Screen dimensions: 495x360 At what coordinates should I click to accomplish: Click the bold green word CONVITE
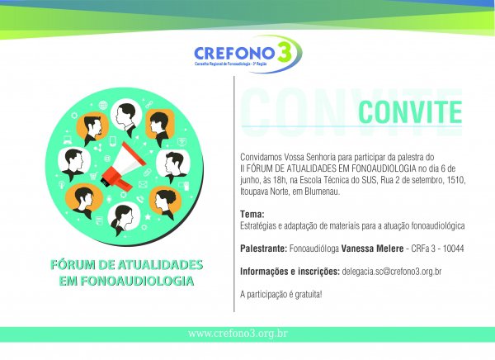410,112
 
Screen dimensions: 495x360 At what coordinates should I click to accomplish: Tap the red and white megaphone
123,167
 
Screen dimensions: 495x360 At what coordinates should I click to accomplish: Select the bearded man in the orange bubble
92,128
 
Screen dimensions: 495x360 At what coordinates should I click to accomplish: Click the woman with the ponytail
124,220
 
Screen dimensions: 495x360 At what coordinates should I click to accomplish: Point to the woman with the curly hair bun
165,201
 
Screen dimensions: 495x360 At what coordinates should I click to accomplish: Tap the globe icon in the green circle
103,105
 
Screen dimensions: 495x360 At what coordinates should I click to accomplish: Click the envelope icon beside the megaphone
143,184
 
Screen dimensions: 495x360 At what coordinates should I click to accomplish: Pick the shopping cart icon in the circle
93,175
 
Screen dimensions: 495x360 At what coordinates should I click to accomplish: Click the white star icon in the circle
148,216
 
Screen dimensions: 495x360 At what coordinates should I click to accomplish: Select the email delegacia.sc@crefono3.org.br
391,272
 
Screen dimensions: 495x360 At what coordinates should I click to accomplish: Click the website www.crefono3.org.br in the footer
238,334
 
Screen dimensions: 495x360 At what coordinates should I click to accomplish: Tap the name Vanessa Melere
372,249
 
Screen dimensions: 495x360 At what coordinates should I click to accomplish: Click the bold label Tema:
252,215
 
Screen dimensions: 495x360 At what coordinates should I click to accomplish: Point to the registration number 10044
453,249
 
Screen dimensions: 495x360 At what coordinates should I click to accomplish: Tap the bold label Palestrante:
264,249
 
